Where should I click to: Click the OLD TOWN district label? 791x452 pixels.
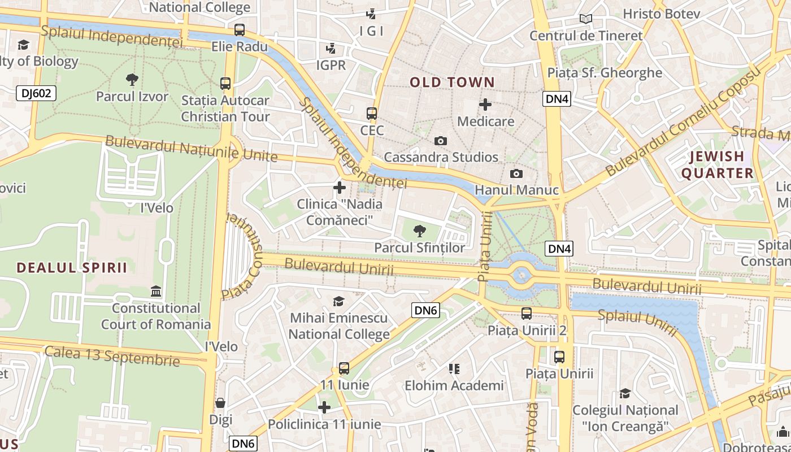[x=452, y=82]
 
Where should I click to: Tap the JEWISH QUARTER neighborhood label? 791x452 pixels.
[x=717, y=164]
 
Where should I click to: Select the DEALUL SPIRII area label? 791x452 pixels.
[x=72, y=268]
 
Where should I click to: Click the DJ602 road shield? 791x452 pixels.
[x=36, y=93]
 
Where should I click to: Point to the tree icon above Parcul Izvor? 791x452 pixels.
[x=132, y=80]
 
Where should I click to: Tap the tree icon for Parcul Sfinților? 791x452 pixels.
[x=419, y=231]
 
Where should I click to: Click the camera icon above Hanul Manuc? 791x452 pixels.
[x=516, y=173]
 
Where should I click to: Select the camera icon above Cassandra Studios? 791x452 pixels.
[x=440, y=141]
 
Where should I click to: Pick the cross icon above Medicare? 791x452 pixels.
[x=485, y=105]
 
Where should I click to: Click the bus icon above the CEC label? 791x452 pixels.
[x=371, y=114]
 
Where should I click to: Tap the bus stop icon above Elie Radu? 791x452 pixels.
[x=240, y=30]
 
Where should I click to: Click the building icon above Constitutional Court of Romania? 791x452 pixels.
[x=156, y=292]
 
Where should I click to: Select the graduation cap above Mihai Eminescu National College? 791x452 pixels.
[x=338, y=301]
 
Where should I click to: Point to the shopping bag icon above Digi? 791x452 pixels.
[x=220, y=403]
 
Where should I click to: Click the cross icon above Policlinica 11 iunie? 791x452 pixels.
[x=324, y=407]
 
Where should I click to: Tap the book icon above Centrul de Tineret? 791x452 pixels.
[x=586, y=19]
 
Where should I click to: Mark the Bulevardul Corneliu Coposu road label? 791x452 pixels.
[x=683, y=124]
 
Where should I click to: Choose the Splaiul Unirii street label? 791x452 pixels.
[x=637, y=323]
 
